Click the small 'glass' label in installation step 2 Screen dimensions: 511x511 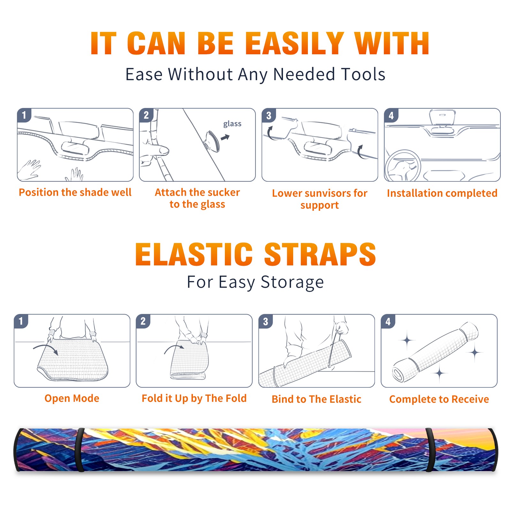point(232,124)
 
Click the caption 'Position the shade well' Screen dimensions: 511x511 point(75,192)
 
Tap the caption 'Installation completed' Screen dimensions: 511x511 point(442,193)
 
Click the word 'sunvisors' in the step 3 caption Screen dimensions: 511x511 point(324,193)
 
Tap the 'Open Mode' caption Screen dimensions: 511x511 point(72,398)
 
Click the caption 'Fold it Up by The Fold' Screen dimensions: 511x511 point(194,398)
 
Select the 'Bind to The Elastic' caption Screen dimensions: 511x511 point(317,399)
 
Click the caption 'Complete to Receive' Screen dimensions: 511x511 point(439,399)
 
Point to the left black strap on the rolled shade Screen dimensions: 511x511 point(80,450)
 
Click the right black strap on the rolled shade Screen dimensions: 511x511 point(430,450)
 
